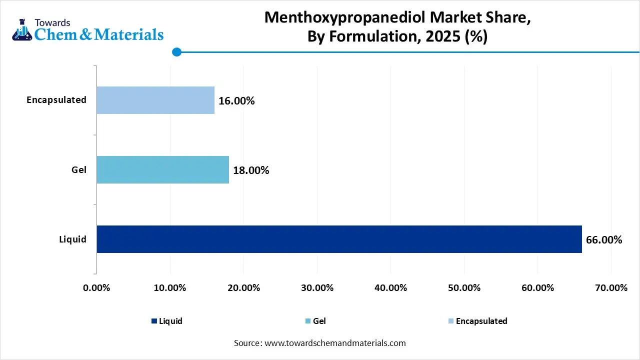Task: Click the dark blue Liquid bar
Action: click(x=339, y=239)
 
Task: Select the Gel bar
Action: click(x=162, y=169)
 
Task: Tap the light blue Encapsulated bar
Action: click(x=155, y=100)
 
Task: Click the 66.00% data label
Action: click(x=604, y=240)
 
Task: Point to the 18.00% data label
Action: click(x=251, y=170)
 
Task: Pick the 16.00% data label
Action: click(x=236, y=101)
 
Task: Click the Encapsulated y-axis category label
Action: click(x=56, y=100)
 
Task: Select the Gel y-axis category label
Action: click(x=79, y=170)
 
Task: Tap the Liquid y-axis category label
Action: click(x=73, y=239)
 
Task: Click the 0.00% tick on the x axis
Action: click(x=96, y=288)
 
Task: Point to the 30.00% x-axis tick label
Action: click(x=317, y=288)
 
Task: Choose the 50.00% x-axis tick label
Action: click(x=464, y=288)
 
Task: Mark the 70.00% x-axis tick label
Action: click(x=611, y=288)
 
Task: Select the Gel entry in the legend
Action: click(x=319, y=321)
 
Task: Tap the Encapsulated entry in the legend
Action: click(x=481, y=321)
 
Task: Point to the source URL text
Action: click(x=320, y=343)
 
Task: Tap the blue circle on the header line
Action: click(x=176, y=52)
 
